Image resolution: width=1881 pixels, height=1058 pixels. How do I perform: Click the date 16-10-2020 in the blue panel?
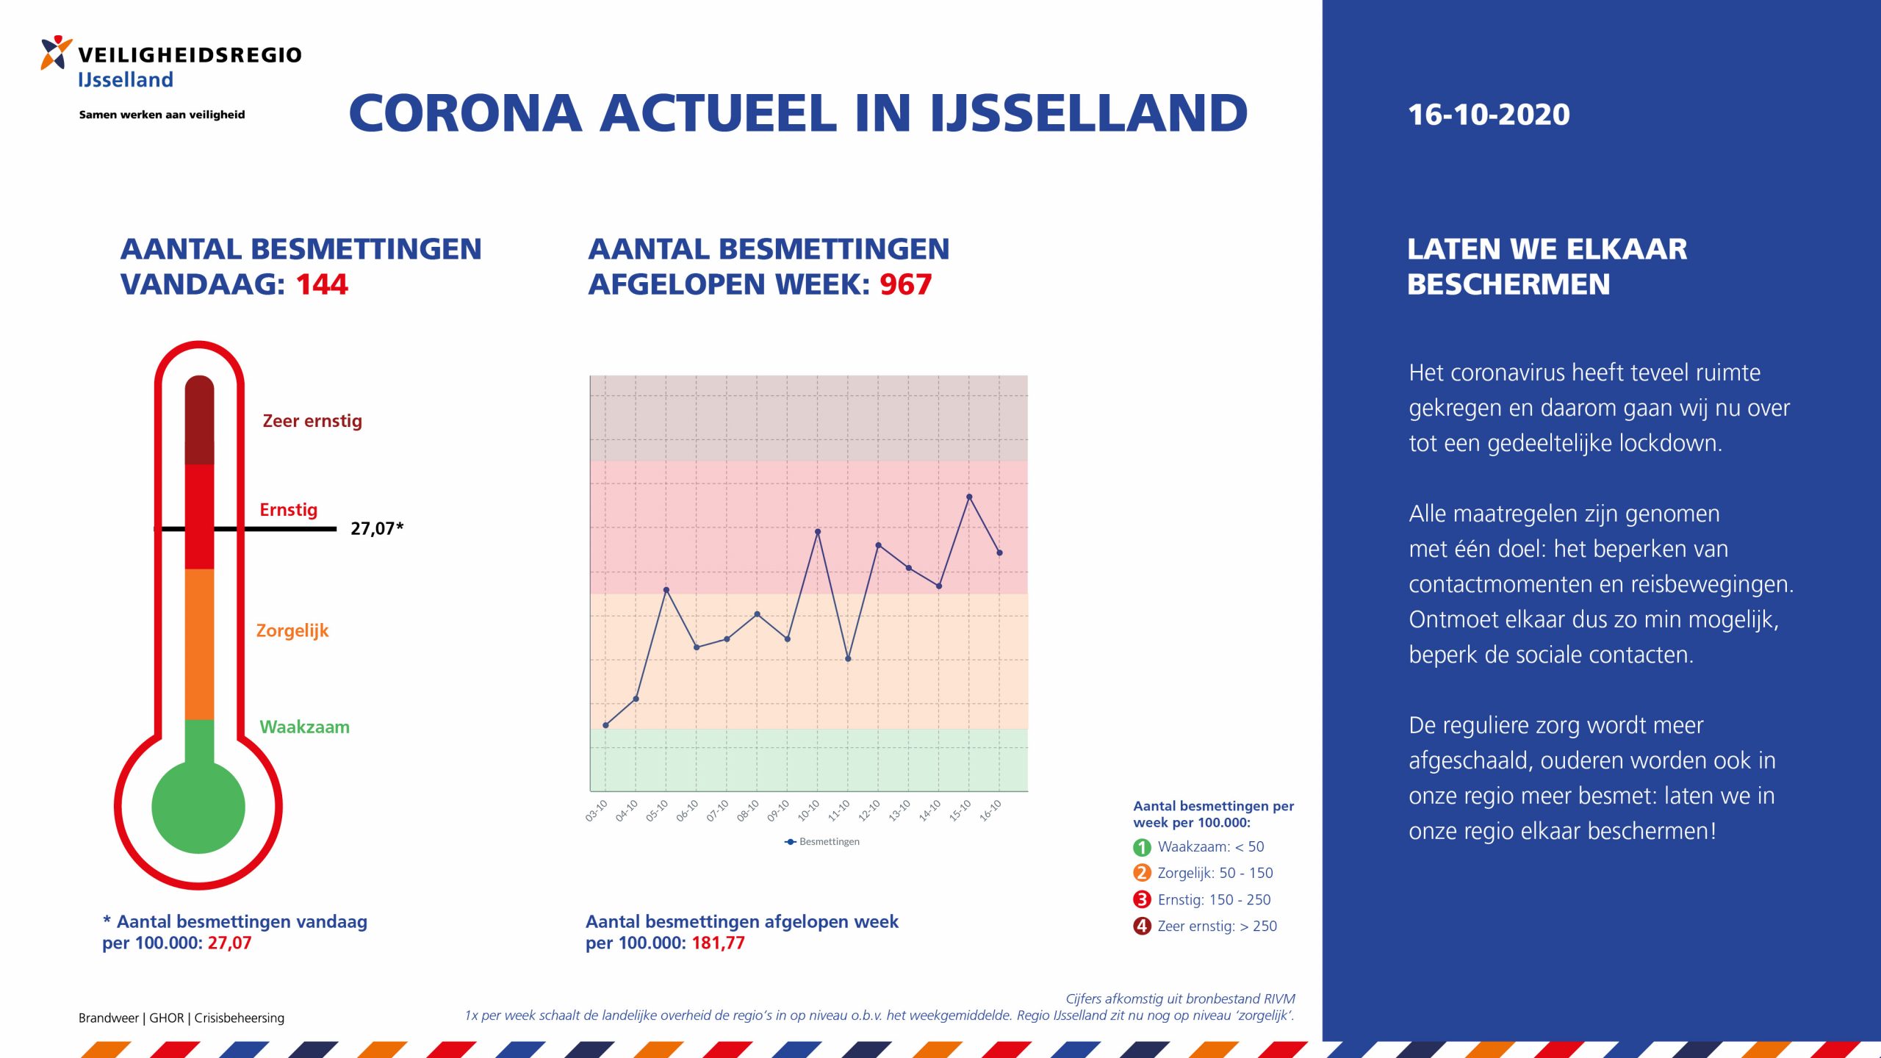[x=1489, y=115]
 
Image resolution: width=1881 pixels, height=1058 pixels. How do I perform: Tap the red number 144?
[x=322, y=284]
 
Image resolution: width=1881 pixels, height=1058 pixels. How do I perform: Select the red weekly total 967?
[x=905, y=284]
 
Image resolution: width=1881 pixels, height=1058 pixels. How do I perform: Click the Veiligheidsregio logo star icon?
[x=56, y=52]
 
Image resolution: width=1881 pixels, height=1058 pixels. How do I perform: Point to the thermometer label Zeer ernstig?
[x=312, y=421]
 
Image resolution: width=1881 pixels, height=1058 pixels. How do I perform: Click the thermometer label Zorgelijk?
[x=292, y=630]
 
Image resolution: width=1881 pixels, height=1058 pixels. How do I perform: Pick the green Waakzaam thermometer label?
[x=304, y=727]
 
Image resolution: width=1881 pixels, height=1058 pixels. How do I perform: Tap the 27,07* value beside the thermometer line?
[x=376, y=528]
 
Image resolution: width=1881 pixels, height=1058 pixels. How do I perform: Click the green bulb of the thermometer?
[x=198, y=807]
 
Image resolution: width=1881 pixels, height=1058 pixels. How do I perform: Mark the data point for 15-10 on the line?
[x=969, y=497]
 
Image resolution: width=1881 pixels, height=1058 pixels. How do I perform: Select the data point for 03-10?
[x=605, y=725]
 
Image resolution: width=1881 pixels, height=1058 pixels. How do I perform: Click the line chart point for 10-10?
[x=818, y=531]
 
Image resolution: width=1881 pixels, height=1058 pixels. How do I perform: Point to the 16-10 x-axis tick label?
[x=990, y=810]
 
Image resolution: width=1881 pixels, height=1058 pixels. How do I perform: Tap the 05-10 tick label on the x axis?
[x=657, y=810]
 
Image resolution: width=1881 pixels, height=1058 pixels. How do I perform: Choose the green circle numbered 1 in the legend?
[x=1142, y=847]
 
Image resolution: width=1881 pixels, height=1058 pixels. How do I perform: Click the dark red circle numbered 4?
[x=1142, y=926]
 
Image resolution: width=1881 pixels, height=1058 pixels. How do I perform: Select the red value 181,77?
[x=718, y=943]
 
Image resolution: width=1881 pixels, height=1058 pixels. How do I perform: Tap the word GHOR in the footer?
[x=167, y=1018]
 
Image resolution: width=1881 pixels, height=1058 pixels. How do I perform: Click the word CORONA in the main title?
[x=465, y=114]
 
